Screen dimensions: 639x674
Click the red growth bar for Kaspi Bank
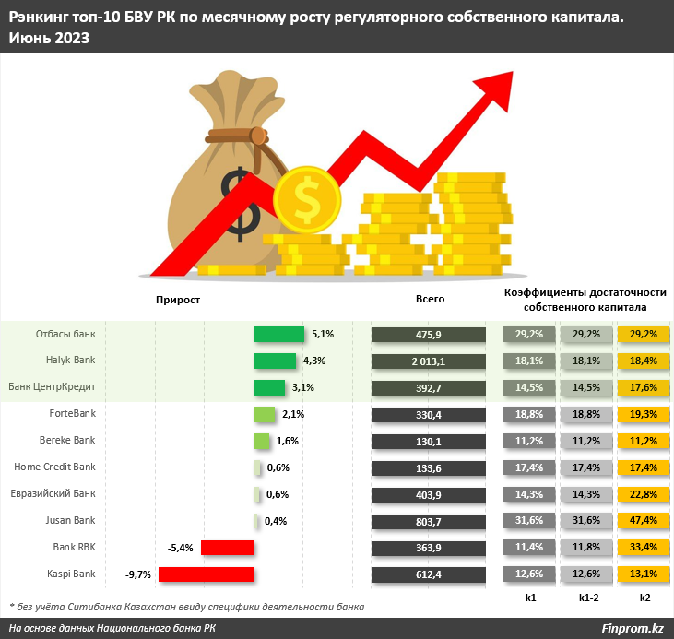click(206, 575)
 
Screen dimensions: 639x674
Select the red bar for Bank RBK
click(227, 549)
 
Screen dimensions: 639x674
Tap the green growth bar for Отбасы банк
click(278, 334)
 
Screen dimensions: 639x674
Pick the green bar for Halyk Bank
click(275, 361)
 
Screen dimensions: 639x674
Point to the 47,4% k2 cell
click(643, 522)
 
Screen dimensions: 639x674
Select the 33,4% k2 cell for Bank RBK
click(643, 549)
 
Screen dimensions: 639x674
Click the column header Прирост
click(178, 300)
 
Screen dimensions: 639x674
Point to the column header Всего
click(431, 300)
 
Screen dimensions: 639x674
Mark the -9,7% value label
click(138, 575)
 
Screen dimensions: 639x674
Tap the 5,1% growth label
click(323, 334)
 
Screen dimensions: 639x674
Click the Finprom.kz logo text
click(632, 628)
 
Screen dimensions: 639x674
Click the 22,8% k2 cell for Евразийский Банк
click(643, 495)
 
